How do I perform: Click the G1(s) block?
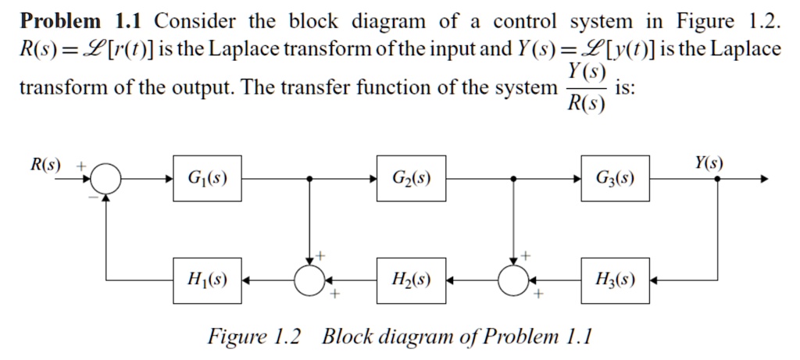[206, 178]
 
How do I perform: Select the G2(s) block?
[411, 178]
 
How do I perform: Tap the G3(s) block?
[615, 178]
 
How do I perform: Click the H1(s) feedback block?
[206, 279]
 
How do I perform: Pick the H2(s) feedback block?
[411, 279]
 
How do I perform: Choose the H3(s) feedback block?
[615, 279]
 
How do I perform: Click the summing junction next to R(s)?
[105, 179]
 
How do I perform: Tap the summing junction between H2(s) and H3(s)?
[513, 279]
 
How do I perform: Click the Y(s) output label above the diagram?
[709, 163]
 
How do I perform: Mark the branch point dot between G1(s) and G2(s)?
[310, 179]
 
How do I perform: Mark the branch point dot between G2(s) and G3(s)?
[513, 179]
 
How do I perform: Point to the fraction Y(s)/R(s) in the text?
[585, 87]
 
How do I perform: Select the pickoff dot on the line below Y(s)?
[718, 179]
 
